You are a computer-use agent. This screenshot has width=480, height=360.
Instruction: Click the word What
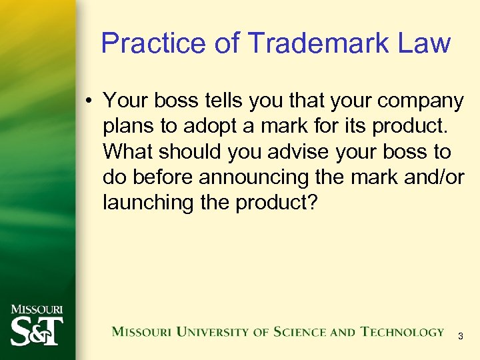click(127, 152)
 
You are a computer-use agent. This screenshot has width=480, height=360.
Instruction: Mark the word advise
click(300, 152)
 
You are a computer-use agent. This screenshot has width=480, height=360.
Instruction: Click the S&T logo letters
click(36, 329)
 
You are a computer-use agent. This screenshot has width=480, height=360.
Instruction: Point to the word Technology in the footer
click(402, 332)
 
